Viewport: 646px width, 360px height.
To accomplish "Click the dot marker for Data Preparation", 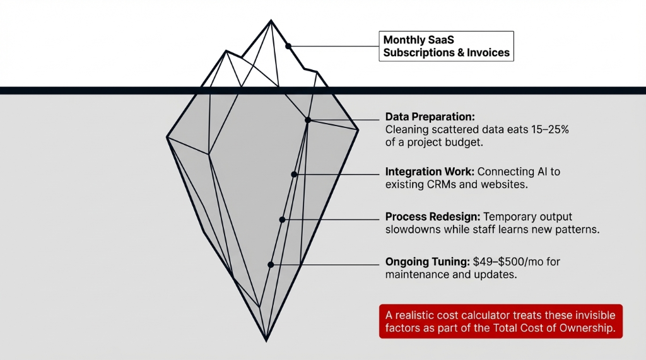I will pos(308,120).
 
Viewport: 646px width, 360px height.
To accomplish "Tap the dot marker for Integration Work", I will pos(294,174).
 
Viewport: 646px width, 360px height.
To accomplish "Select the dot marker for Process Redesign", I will pos(282,219).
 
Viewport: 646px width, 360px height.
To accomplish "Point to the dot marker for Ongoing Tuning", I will pos(271,265).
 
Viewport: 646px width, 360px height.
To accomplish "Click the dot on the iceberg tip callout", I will pos(288,46).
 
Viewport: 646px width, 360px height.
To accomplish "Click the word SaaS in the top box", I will pos(436,40).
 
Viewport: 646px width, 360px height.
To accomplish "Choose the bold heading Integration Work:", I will pos(430,171).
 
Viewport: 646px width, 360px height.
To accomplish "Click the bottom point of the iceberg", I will pos(266,340).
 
